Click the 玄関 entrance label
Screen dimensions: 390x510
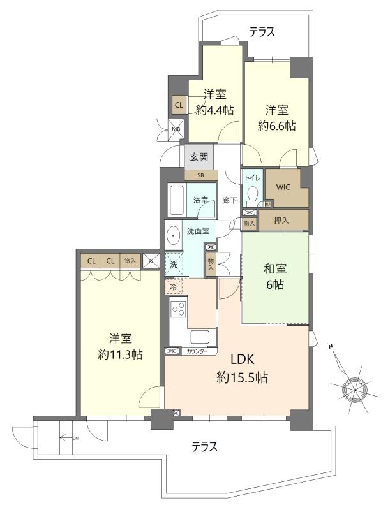point(199,157)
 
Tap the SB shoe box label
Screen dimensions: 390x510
point(200,175)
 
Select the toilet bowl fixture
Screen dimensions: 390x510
point(253,196)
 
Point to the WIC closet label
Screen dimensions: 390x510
point(283,187)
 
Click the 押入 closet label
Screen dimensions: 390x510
point(281,221)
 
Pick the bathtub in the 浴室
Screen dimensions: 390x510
point(177,200)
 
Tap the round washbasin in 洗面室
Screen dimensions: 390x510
point(174,235)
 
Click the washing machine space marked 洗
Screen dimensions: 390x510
point(174,264)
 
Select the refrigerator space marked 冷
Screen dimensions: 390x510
point(174,286)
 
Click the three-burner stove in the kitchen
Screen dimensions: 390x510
point(178,309)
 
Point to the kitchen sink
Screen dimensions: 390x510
point(200,337)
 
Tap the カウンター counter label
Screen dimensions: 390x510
point(197,351)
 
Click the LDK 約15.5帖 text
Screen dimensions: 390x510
point(242,368)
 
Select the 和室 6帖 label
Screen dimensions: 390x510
point(275,277)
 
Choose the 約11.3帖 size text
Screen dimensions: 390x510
point(120,354)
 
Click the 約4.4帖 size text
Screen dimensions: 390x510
point(214,110)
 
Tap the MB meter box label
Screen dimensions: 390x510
point(176,129)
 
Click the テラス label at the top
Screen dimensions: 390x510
point(262,32)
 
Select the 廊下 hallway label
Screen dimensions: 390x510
point(230,200)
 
